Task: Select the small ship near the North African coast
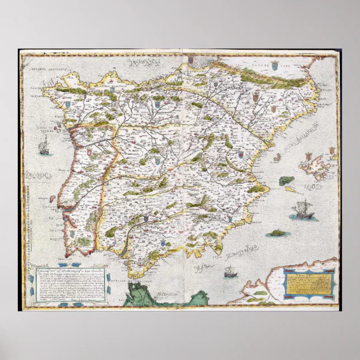tap(229, 272)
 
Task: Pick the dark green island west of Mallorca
tap(287, 181)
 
